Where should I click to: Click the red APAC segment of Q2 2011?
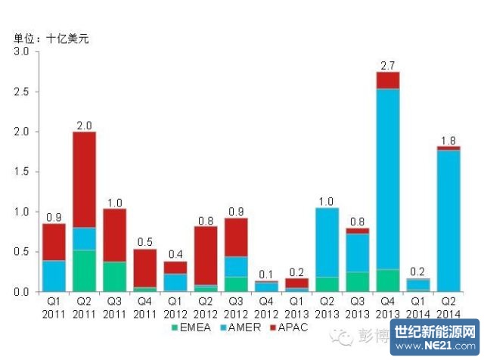pos(84,180)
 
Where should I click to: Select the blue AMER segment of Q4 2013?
pos(388,178)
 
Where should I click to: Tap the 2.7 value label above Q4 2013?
pos(388,66)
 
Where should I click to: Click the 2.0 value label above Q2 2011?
pos(84,126)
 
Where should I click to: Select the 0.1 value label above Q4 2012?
pos(267,273)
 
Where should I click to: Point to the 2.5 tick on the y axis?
pos(21,92)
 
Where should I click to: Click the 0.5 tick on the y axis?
pos(21,252)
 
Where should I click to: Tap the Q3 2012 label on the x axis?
pos(237,307)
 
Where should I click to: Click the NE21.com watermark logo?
pos(436,336)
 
